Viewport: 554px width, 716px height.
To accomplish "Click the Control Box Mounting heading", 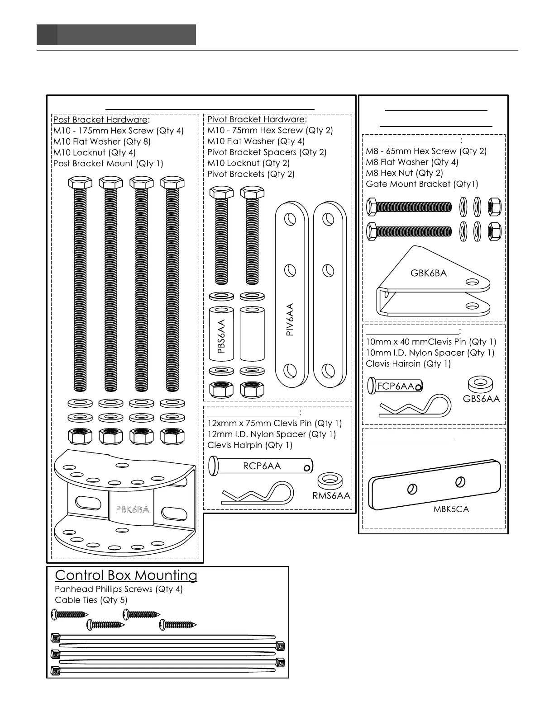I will (126, 575).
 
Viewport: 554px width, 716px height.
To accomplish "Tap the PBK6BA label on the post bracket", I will (132, 509).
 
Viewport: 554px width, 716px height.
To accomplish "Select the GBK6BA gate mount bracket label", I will (428, 273).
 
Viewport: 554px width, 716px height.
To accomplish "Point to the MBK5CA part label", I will (451, 509).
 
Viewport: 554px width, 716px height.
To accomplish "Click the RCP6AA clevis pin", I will (261, 466).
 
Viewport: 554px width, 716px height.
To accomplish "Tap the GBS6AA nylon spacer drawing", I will (480, 385).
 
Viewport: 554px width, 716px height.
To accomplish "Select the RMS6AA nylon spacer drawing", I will (330, 480).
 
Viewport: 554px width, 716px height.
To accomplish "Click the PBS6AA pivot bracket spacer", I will (221, 334).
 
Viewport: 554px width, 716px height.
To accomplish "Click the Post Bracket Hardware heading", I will (100, 120).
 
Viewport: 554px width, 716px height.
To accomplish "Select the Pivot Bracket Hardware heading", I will (256, 119).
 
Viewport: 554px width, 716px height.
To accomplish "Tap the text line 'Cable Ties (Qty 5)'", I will (91, 600).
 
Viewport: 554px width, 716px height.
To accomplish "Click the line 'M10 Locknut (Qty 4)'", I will (94, 152).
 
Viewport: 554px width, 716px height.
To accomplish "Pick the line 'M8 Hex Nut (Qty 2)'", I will (404, 173).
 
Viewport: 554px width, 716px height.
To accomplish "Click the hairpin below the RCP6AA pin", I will (257, 494).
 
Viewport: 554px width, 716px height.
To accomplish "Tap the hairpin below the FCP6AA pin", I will (415, 405).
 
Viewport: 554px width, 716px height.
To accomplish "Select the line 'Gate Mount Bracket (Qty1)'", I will (422, 184).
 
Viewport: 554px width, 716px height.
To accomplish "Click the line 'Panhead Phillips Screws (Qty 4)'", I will (119, 589).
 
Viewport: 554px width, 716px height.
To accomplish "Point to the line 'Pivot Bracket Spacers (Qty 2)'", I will (267, 152).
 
